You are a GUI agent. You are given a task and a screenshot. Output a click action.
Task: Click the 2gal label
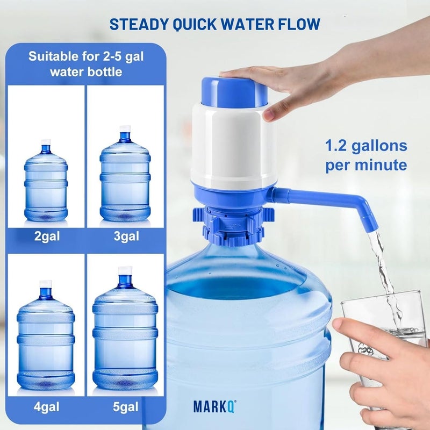point(46,236)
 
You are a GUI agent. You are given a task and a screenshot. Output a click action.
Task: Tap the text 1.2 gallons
point(365,146)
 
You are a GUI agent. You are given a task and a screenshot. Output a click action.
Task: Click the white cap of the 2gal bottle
point(46,142)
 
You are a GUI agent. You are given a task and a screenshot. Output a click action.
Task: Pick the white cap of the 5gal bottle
point(125,271)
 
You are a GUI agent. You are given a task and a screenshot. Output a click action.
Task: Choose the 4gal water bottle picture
point(46,336)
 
